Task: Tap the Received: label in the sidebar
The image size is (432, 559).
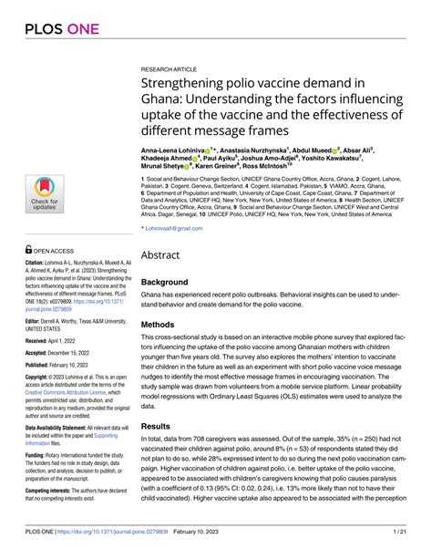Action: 41,344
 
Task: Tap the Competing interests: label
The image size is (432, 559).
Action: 55,492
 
